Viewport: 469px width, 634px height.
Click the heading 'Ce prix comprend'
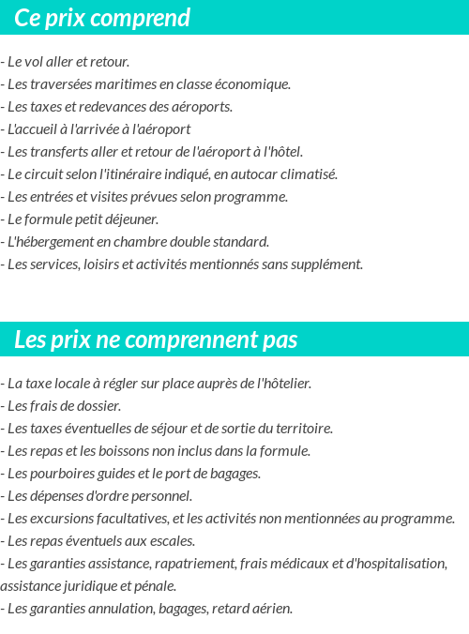[x=102, y=18]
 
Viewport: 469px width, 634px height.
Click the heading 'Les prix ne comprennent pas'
[x=156, y=340]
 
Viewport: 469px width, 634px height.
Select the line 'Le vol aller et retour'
[x=66, y=62]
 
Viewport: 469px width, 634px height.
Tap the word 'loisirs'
[x=98, y=264]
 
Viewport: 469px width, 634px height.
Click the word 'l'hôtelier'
[x=282, y=384]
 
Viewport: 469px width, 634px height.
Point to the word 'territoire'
[x=302, y=429]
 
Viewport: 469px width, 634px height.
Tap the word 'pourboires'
[x=58, y=474]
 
